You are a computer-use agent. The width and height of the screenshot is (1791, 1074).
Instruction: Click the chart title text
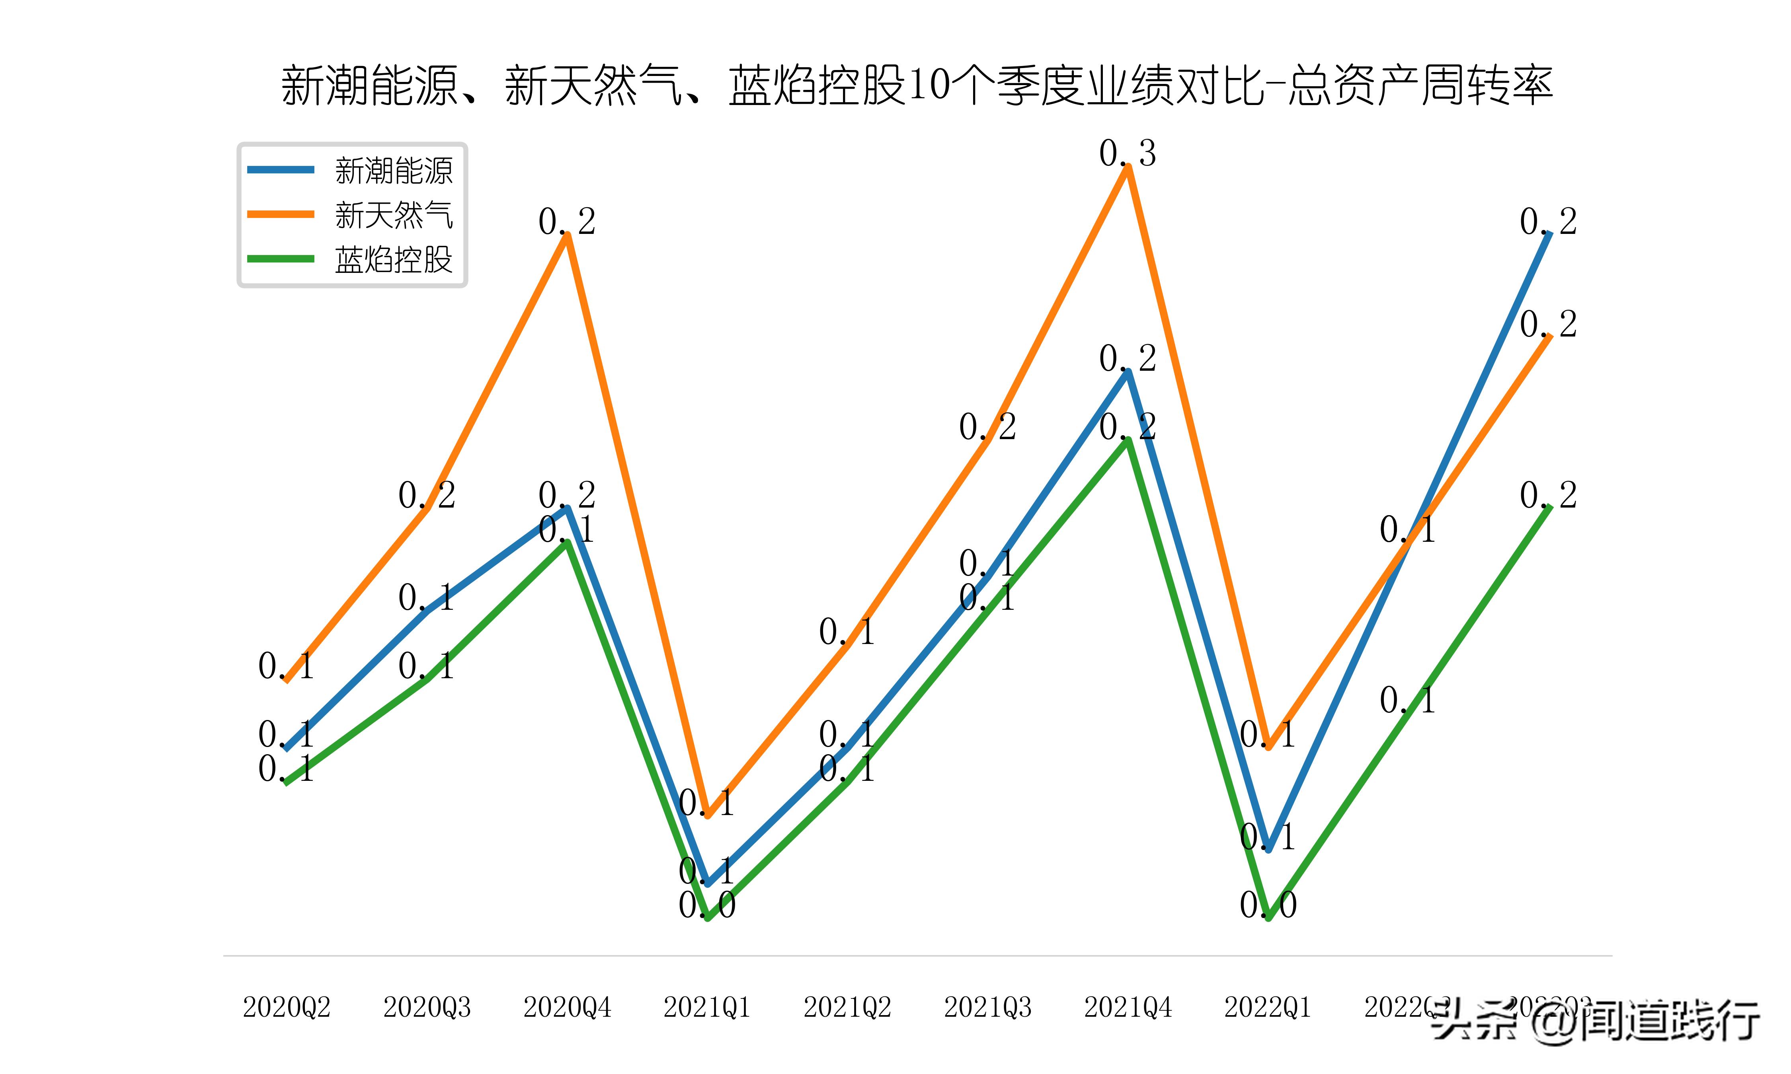[917, 86]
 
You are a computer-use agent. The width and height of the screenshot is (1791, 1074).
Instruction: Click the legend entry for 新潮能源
[393, 171]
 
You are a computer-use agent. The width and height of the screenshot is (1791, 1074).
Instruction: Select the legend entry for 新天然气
[393, 215]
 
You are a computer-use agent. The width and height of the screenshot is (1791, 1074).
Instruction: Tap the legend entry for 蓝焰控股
[393, 259]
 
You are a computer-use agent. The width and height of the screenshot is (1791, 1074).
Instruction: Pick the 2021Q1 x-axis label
[707, 1007]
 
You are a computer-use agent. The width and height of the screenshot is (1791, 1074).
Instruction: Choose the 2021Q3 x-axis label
[987, 1007]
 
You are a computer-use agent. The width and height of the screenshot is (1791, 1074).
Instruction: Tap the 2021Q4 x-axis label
[1127, 1007]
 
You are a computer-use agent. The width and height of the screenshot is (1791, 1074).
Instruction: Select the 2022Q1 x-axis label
[1268, 1007]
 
